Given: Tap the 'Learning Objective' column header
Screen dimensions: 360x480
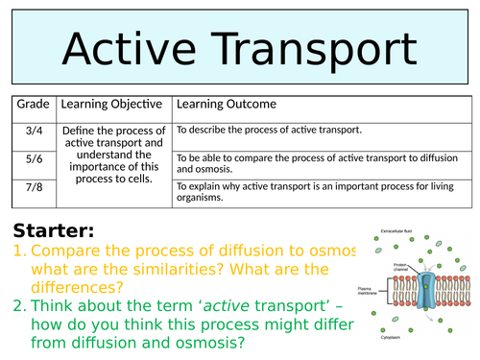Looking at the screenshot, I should pyautogui.click(x=113, y=104).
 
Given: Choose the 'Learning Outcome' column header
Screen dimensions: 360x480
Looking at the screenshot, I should pyautogui.click(x=226, y=104).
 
